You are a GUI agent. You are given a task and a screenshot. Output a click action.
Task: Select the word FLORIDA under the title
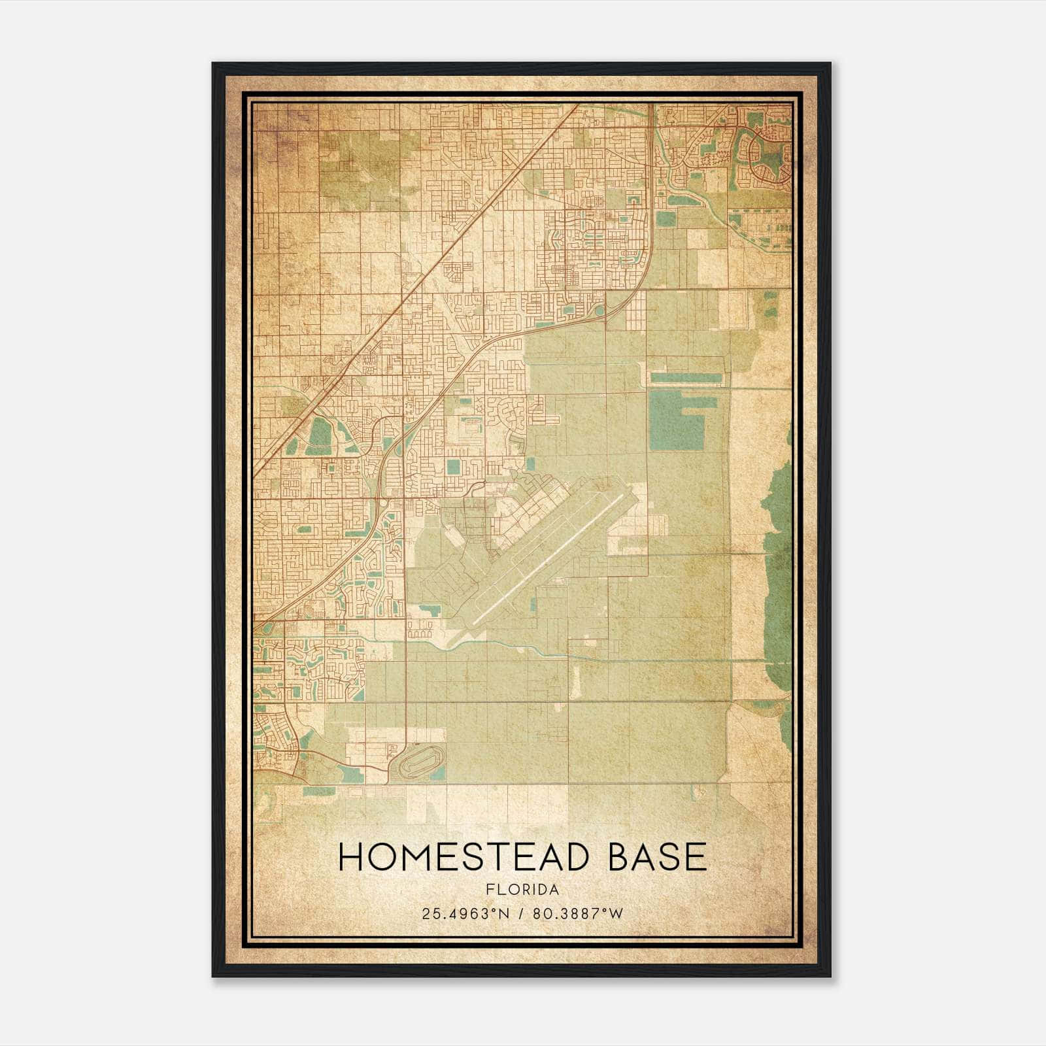tap(522, 890)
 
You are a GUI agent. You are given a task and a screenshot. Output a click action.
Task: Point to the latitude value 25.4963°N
tap(465, 914)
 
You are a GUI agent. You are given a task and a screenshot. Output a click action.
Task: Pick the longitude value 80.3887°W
tap(578, 914)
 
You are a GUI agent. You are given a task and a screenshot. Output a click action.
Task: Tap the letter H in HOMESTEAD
tap(352, 856)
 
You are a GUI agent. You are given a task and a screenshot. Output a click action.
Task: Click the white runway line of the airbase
tap(549, 559)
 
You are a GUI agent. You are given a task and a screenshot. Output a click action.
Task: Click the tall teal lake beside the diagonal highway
tap(320, 431)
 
